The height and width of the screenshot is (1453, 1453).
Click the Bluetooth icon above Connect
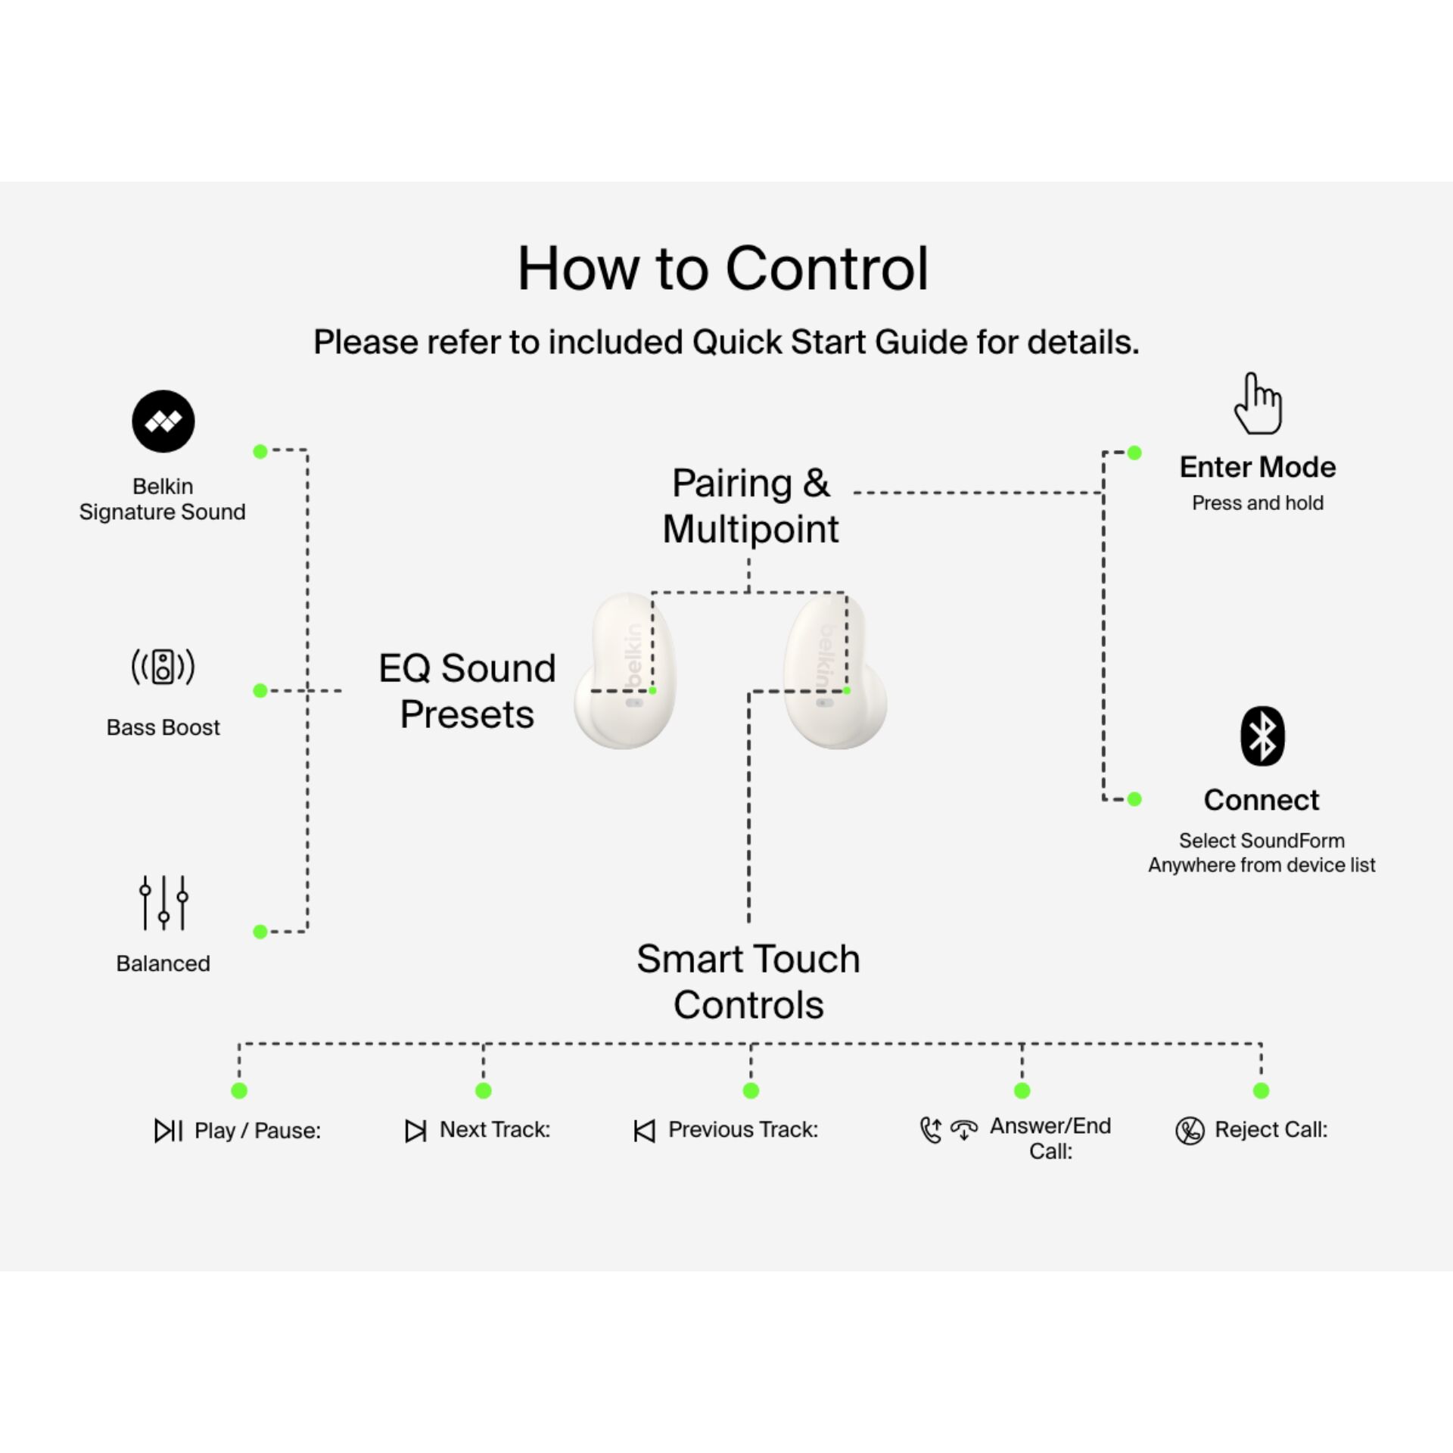pos(1262,736)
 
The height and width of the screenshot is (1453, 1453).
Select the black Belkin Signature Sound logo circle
pos(163,422)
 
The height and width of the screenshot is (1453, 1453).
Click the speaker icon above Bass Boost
pos(163,667)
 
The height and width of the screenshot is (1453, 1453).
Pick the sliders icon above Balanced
pos(163,903)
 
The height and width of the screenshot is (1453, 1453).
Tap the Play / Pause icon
pos(168,1131)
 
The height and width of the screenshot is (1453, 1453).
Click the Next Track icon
pos(415,1131)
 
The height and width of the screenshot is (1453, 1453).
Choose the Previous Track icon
pos(644,1131)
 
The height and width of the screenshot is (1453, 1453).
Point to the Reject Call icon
pos(1190,1131)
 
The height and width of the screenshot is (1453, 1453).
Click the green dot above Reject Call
pos(1261,1091)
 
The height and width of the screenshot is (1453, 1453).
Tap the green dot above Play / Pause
pos(239,1091)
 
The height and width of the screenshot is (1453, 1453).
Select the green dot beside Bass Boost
pos(260,690)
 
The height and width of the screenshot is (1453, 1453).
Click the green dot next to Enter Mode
pos(1134,453)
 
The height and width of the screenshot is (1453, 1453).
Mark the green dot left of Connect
pos(1134,799)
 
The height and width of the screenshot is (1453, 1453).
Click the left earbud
pos(626,674)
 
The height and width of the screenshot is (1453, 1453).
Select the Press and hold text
pos(1258,503)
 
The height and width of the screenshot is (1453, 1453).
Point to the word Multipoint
pos(751,529)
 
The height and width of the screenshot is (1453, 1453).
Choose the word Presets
pos(467,714)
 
